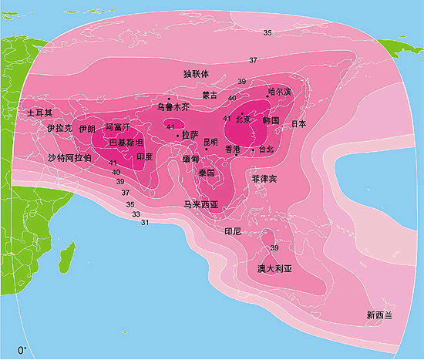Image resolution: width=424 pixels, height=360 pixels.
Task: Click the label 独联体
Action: (197, 74)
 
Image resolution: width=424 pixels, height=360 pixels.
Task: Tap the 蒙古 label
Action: (210, 95)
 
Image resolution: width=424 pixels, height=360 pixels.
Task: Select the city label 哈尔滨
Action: (280, 92)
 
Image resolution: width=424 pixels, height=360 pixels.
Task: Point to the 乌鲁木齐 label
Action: (173, 107)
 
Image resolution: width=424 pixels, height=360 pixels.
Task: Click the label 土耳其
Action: (39, 113)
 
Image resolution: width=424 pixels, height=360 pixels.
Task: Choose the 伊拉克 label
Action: (59, 128)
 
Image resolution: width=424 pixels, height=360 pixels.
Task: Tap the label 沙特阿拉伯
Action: (69, 157)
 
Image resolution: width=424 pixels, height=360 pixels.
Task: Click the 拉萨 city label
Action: (190, 134)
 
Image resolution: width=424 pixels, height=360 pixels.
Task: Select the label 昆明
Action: (210, 142)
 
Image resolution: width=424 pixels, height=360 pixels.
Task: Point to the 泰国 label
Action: (206, 173)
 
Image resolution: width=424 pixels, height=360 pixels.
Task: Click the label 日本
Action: (299, 123)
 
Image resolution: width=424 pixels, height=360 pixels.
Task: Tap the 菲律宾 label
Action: (264, 178)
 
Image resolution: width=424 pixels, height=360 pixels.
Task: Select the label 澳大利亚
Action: (275, 269)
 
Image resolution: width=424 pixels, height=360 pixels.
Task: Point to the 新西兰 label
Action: (379, 315)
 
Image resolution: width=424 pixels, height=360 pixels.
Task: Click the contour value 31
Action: (144, 223)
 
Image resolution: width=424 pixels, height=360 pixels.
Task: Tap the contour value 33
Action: (136, 214)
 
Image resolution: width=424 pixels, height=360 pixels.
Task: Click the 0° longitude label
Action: (22, 350)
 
